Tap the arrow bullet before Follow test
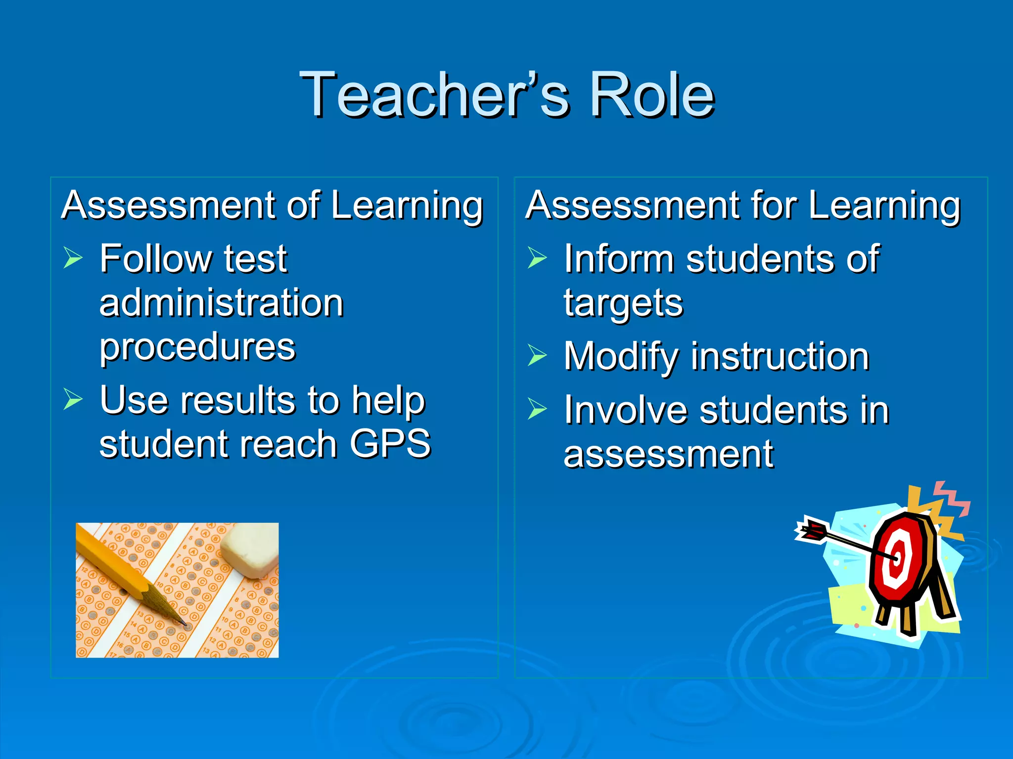tap(73, 257)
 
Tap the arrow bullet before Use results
tap(73, 399)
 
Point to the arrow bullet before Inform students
tap(537, 257)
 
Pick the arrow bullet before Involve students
tap(537, 409)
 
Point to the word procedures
tap(197, 347)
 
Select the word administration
tap(221, 302)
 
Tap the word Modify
tap(621, 357)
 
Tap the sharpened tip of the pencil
tap(185, 624)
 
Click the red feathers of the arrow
tap(811, 531)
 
